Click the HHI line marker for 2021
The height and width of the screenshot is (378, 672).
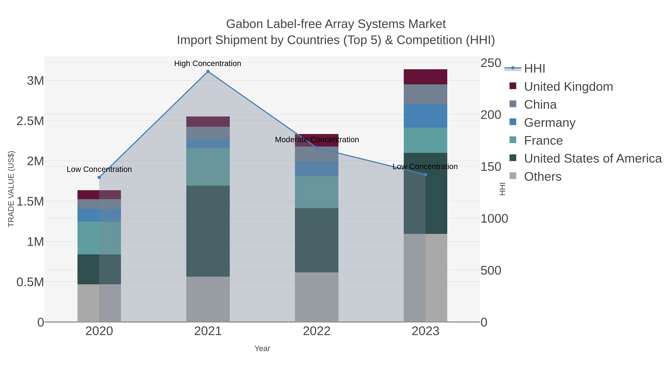pyautogui.click(x=208, y=71)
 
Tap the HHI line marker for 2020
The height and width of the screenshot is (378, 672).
pyautogui.click(x=99, y=177)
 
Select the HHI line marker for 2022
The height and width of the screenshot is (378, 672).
pyautogui.click(x=317, y=148)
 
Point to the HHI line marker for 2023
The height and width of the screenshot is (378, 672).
pyautogui.click(x=425, y=175)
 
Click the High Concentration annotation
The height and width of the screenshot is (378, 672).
pyautogui.click(x=208, y=63)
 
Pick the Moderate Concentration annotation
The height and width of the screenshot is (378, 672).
pyautogui.click(x=317, y=140)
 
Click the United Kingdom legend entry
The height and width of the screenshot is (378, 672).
pyautogui.click(x=568, y=87)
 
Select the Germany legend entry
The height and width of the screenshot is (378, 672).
pyautogui.click(x=549, y=123)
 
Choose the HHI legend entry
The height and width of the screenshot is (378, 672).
pyautogui.click(x=534, y=69)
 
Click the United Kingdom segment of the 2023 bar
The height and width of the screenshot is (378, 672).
pyautogui.click(x=425, y=77)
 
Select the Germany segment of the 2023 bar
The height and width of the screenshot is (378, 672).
pyautogui.click(x=425, y=116)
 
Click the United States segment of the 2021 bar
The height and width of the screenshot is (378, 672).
pyautogui.click(x=208, y=231)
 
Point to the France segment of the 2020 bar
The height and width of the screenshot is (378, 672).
pyautogui.click(x=99, y=238)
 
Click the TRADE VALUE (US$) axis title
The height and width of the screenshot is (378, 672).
pyautogui.click(x=11, y=189)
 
